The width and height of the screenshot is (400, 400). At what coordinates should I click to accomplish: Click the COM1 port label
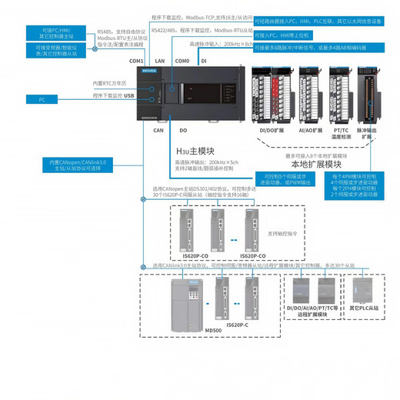[136, 61]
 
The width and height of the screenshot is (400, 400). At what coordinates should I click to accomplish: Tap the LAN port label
[159, 60]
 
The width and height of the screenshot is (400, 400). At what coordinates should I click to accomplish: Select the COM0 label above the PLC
[182, 60]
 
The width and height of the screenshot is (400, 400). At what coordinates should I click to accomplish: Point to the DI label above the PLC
[203, 60]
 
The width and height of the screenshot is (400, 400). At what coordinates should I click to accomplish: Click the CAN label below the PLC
[137, 131]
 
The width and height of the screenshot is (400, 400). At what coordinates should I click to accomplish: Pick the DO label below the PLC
[183, 131]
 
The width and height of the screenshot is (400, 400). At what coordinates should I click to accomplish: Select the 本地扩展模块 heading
[315, 165]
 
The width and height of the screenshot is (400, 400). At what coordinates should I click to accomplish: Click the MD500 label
[214, 330]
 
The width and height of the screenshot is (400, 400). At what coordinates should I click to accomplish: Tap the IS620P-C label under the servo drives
[236, 325]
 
